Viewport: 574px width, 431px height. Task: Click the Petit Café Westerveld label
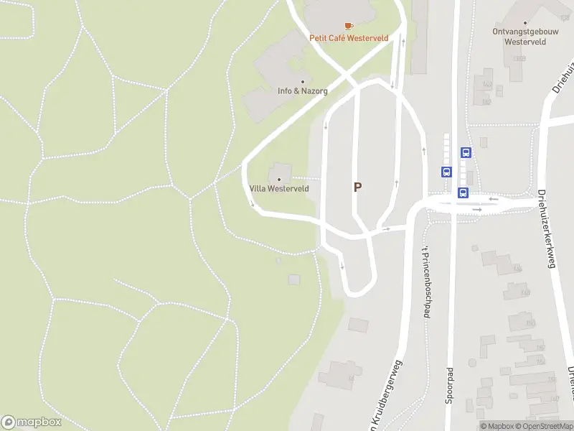pos(349,38)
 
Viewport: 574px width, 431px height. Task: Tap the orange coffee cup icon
pos(349,26)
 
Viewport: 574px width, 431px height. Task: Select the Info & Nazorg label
pos(303,91)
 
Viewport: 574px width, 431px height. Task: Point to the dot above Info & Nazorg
pos(303,82)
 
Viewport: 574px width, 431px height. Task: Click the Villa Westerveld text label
pos(279,188)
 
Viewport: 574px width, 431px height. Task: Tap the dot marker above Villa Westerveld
pos(279,179)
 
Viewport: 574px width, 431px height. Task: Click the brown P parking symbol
pos(357,187)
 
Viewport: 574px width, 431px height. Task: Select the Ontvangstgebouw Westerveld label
pos(526,37)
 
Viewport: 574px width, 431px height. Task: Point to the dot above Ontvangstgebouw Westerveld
pos(526,23)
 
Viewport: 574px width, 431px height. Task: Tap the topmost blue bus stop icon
pos(466,152)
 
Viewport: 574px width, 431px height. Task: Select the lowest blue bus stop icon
pos(463,193)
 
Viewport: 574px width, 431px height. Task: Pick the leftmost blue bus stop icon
pos(446,172)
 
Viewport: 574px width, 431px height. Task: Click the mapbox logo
pos(32,422)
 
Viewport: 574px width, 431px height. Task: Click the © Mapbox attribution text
pos(497,426)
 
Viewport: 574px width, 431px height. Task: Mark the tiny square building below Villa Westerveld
pos(279,260)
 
